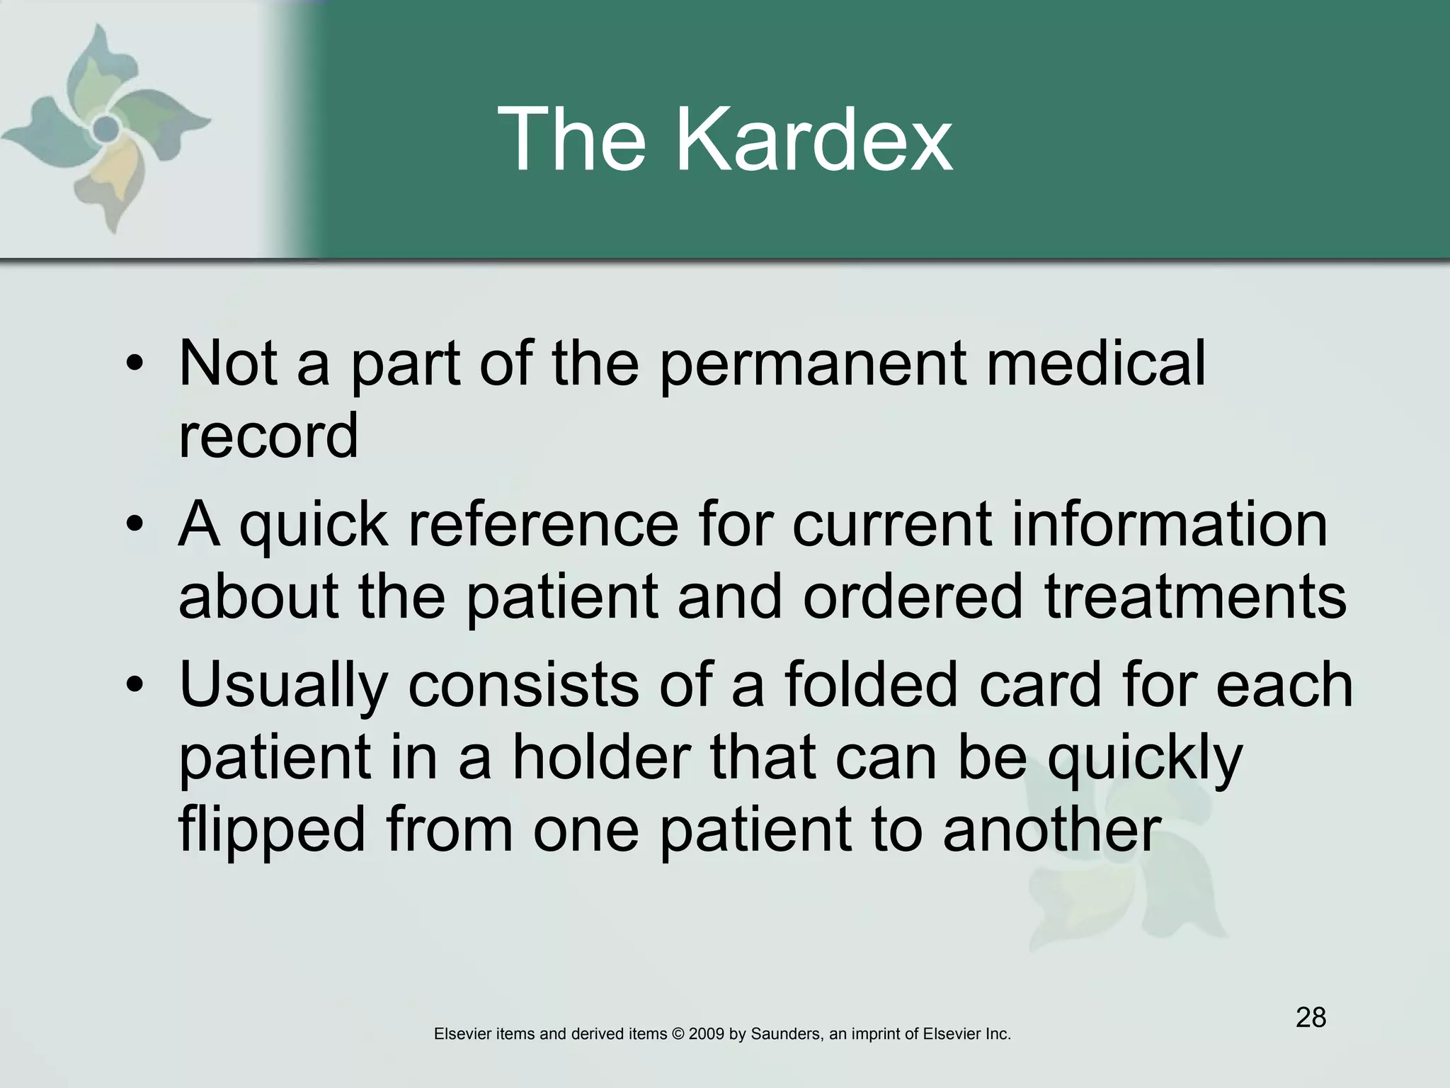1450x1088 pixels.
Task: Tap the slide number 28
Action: click(x=1311, y=1017)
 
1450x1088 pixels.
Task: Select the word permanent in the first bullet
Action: click(x=813, y=365)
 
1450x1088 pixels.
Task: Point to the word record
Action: click(x=268, y=436)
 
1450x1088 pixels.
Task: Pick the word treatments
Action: click(x=1194, y=596)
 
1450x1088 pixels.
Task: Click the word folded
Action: click(x=870, y=686)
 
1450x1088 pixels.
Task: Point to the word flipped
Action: click(x=272, y=830)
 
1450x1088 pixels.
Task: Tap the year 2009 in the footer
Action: click(x=705, y=1034)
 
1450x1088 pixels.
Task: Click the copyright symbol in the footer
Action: click(x=677, y=1034)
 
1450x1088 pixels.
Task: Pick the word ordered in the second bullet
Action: click(x=913, y=596)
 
